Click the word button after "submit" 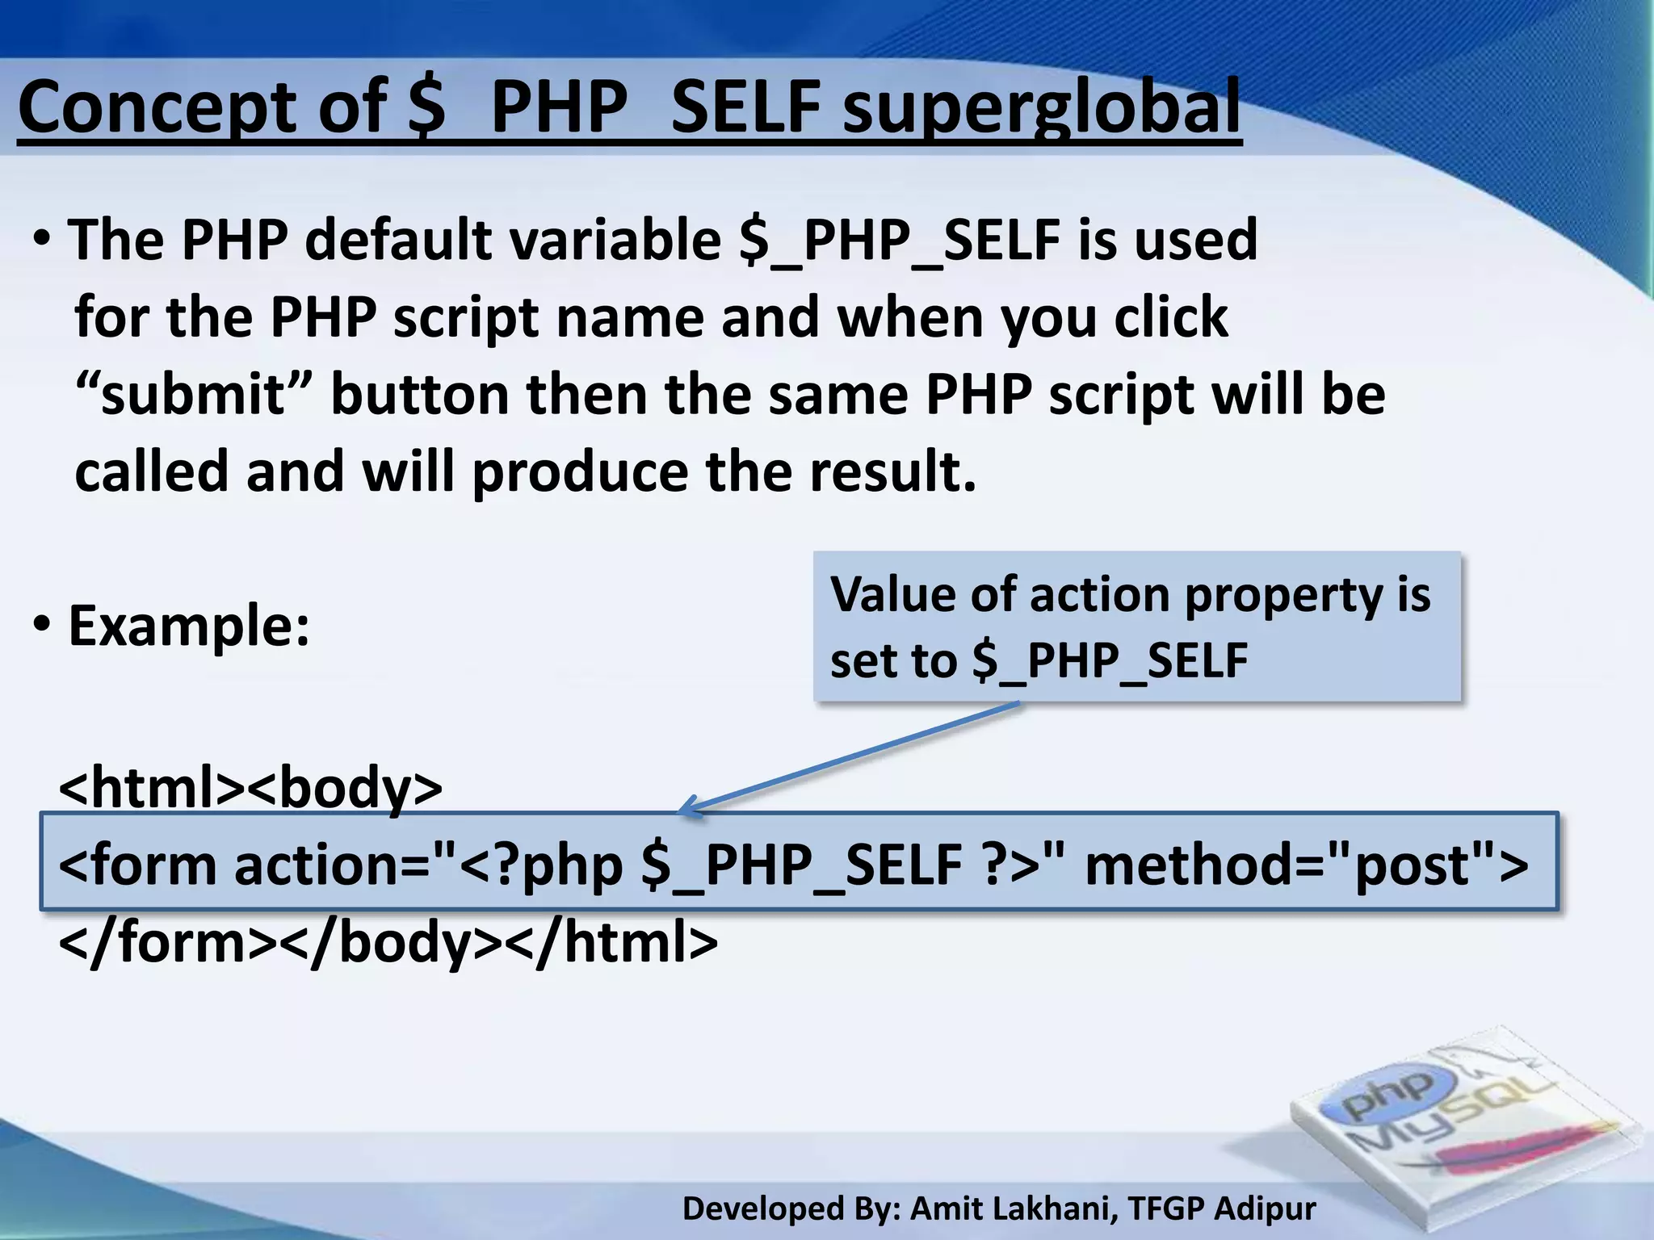tap(419, 395)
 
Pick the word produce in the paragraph tap(579, 472)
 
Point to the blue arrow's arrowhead tap(688, 806)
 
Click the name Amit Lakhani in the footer tap(1014, 1209)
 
